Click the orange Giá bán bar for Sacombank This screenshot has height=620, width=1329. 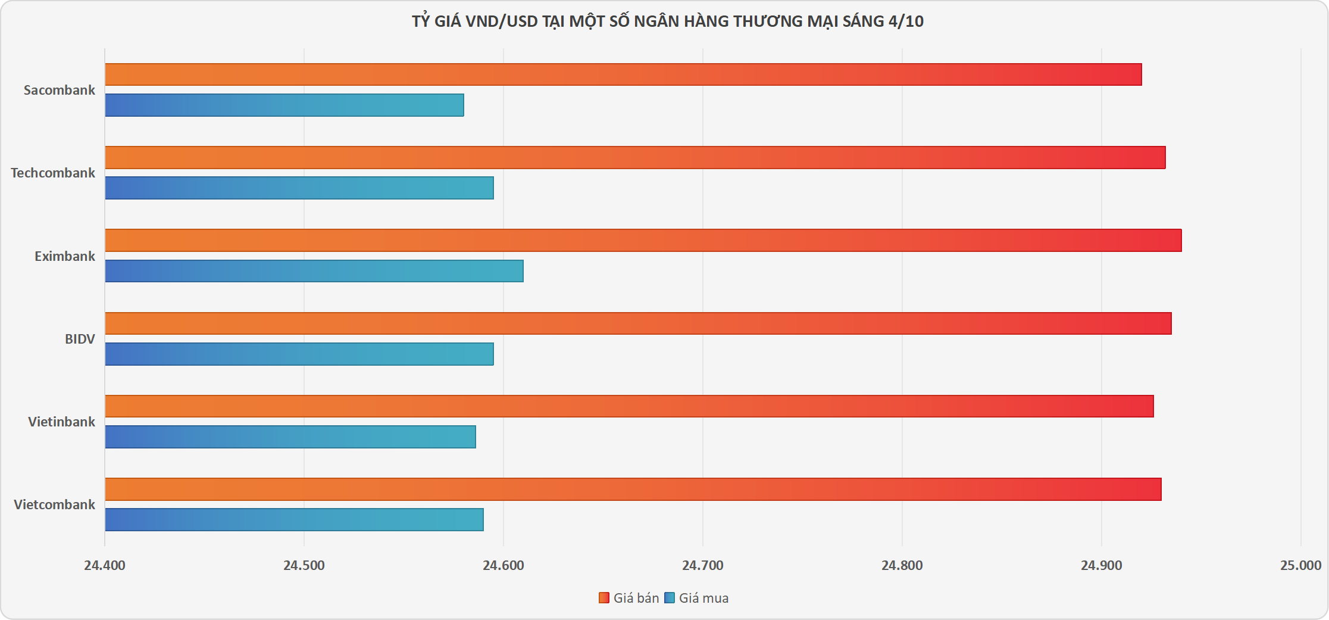click(x=623, y=74)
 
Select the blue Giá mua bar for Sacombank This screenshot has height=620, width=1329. click(x=284, y=105)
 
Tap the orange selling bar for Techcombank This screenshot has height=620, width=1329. click(x=635, y=157)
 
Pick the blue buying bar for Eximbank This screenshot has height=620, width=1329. click(x=314, y=271)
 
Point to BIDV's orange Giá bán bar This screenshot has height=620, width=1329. click(x=638, y=323)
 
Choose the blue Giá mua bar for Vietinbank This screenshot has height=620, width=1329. click(x=290, y=437)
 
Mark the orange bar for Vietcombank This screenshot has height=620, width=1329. click(x=633, y=489)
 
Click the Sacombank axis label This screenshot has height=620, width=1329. click(x=60, y=90)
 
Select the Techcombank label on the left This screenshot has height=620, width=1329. click(x=53, y=173)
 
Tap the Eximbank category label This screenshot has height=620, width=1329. click(x=65, y=256)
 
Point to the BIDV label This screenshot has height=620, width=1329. click(x=80, y=339)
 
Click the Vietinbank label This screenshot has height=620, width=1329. click(x=61, y=422)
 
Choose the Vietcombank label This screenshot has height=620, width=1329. click(x=54, y=504)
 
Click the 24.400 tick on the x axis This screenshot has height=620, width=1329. click(x=105, y=565)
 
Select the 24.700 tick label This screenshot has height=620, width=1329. click(x=703, y=565)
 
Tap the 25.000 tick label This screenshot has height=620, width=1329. click(x=1300, y=565)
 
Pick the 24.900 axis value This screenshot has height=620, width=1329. click(x=1102, y=565)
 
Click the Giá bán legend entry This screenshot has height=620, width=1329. click(x=629, y=598)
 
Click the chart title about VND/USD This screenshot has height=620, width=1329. click(x=667, y=21)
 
